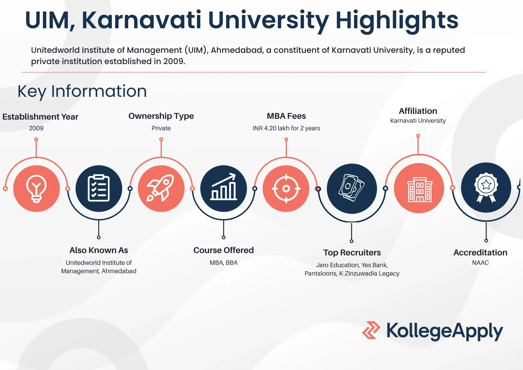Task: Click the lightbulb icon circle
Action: [36, 188]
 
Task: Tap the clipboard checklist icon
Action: [99, 188]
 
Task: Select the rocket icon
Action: [161, 188]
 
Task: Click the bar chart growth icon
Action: [224, 188]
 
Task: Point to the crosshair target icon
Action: [286, 188]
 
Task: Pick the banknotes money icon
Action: [352, 188]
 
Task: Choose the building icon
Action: [419, 188]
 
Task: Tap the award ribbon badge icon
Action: [486, 187]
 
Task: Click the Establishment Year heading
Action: [40, 117]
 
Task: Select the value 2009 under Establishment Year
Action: [36, 128]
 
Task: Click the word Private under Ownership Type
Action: [161, 128]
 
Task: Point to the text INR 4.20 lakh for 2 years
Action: [286, 128]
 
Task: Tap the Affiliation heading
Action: [418, 111]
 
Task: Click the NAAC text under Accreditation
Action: [480, 263]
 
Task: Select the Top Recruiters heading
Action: [352, 253]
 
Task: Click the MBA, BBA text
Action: [224, 263]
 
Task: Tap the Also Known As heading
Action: [99, 250]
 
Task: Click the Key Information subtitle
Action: [82, 91]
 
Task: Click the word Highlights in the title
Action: [397, 20]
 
